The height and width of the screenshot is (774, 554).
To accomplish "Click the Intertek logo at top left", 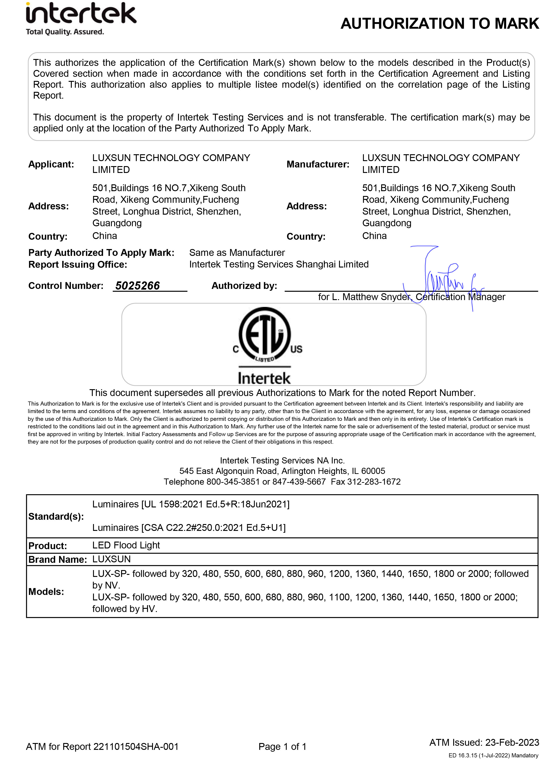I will [x=81, y=18].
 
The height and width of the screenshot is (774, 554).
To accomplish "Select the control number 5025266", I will [x=137, y=286].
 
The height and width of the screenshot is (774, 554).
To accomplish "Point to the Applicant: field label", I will [x=51, y=164].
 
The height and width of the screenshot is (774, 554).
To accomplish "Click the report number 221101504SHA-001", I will [x=136, y=747].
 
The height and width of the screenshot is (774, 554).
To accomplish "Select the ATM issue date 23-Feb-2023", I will [x=512, y=742].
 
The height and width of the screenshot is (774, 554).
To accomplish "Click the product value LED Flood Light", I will [x=126, y=545].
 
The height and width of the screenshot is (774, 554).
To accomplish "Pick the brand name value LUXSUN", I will [x=111, y=559].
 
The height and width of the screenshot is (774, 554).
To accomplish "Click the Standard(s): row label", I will [x=56, y=517].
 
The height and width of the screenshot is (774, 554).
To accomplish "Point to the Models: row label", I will [x=46, y=591].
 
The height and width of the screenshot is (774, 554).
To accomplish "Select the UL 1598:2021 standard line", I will [x=191, y=504].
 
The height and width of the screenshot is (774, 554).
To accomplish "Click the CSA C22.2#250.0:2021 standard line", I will [x=189, y=528].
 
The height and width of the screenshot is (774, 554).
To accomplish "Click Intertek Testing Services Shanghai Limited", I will [x=279, y=264].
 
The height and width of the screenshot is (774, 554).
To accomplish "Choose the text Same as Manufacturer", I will [x=237, y=253].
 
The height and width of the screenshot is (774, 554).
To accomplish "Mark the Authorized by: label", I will [x=244, y=286].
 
